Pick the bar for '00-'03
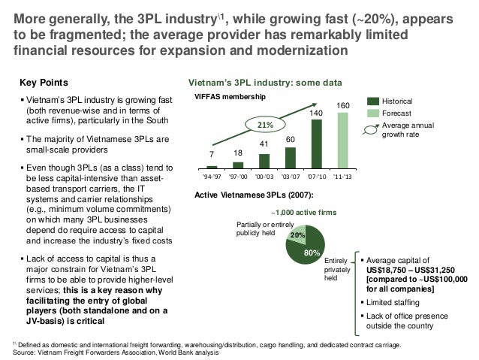[264, 160]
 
